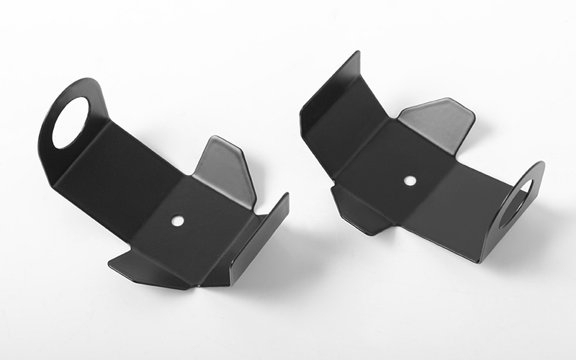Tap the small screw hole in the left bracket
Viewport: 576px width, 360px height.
[x=177, y=220]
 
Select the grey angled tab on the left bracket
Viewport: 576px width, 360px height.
[x=225, y=171]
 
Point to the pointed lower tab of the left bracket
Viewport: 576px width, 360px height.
[x=144, y=269]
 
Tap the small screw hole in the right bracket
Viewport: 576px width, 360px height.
[x=410, y=181]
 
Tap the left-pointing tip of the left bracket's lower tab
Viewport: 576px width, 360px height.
[x=110, y=264]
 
